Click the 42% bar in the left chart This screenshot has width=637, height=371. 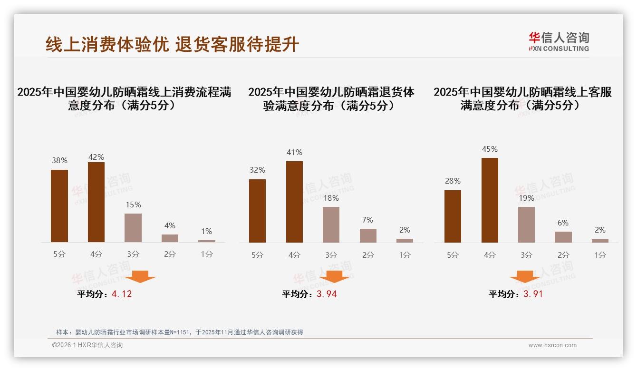tap(96, 202)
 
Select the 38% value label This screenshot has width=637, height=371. tap(59, 161)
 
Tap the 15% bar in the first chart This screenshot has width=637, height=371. tap(133, 228)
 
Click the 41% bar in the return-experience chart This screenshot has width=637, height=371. tap(294, 202)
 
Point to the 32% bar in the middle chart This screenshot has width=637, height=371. tap(257, 211)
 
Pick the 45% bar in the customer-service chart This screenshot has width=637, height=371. tap(490, 200)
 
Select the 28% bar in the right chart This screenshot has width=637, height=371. tap(453, 216)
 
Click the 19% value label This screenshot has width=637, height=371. tap(527, 198)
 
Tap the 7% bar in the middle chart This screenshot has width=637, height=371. tap(368, 235)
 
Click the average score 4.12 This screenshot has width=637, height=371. tap(122, 294)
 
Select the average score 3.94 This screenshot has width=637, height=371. tap(327, 294)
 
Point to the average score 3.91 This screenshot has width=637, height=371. tap(533, 294)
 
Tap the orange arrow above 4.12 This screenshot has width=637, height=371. tap(140, 277)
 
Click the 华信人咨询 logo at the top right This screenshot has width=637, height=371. tap(559, 41)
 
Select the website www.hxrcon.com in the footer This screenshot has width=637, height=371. tap(552, 345)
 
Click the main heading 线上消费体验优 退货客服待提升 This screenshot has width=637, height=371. tap(172, 44)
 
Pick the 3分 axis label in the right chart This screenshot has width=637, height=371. tap(526, 255)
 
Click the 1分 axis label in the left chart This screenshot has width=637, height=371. tap(206, 254)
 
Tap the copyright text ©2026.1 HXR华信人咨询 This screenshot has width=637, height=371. tap(87, 345)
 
